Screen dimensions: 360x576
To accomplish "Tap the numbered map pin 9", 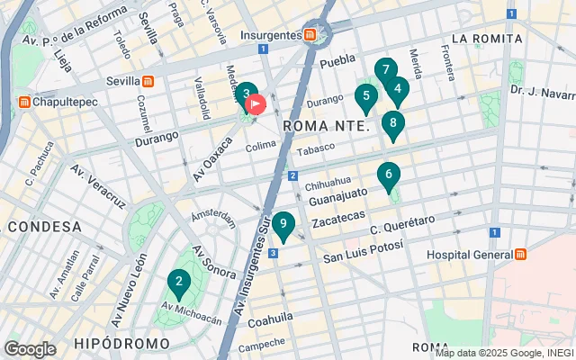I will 283,225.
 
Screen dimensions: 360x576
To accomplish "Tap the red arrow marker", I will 256,104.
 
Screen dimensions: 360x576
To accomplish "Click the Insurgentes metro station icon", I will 310,35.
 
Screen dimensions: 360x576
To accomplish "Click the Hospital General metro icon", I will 521,255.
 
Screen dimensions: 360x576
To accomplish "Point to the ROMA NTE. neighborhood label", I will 326,127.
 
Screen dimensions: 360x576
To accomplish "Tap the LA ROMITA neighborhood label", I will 487,39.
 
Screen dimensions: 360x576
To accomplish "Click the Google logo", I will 30,349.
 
